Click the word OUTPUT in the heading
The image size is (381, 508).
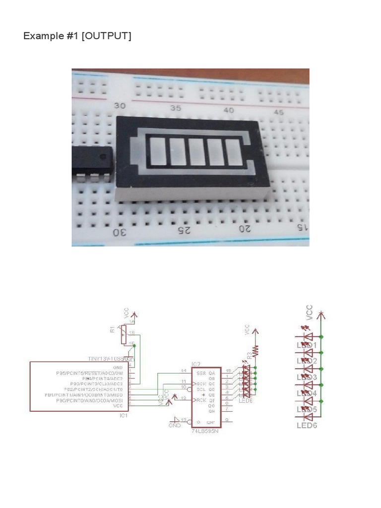(107, 36)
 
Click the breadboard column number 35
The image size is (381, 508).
(176, 108)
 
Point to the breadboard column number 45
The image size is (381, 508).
(279, 112)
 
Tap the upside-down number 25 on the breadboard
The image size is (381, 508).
(184, 231)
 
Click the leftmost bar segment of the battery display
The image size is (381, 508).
(156, 151)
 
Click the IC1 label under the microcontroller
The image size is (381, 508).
(124, 415)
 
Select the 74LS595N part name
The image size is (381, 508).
(204, 431)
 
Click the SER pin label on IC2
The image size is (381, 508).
(200, 372)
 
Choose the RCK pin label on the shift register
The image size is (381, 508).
(200, 400)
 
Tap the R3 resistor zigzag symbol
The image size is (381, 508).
(256, 351)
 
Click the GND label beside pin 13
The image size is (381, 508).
(175, 426)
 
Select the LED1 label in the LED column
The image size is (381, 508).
(307, 345)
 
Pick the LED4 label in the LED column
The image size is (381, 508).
(307, 393)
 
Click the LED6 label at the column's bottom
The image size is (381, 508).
(307, 425)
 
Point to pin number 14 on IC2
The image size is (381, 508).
(184, 371)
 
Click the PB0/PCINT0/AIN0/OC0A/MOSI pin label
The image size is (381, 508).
(89, 400)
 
